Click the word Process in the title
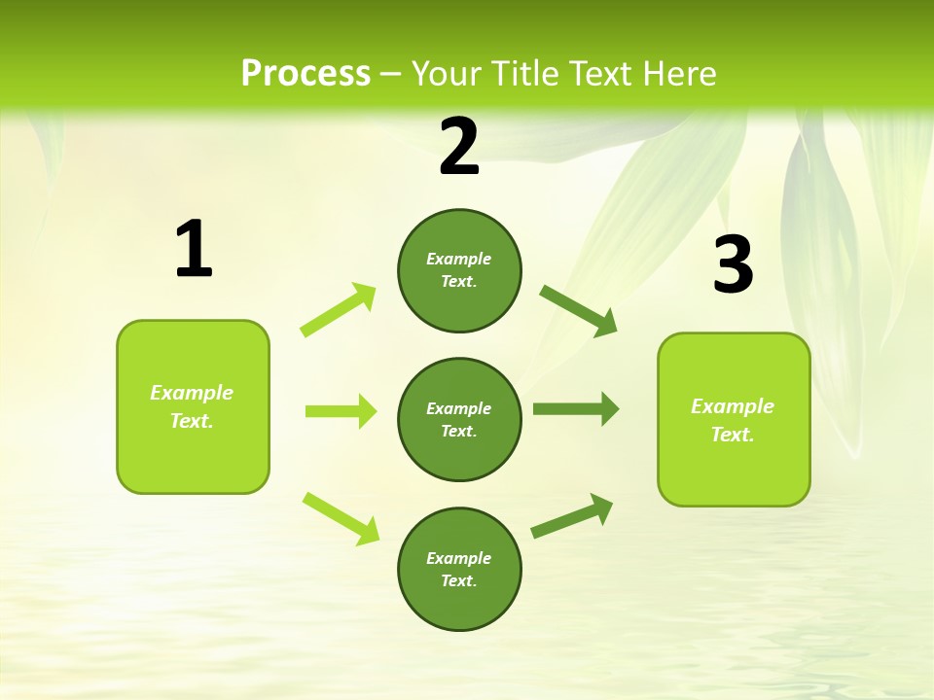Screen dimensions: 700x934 tap(305, 73)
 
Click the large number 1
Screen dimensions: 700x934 tap(194, 250)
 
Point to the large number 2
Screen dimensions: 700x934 tap(459, 147)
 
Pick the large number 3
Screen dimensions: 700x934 tap(733, 265)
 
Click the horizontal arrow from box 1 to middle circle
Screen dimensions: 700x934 tap(341, 411)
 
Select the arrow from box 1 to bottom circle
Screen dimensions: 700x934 tap(341, 518)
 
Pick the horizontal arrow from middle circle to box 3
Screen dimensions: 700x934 tap(575, 409)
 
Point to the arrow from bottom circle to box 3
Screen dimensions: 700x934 tap(572, 516)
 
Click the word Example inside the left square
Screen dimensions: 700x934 tap(192, 393)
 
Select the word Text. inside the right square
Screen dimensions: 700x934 tap(733, 435)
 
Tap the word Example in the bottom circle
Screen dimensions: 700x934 tap(459, 558)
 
